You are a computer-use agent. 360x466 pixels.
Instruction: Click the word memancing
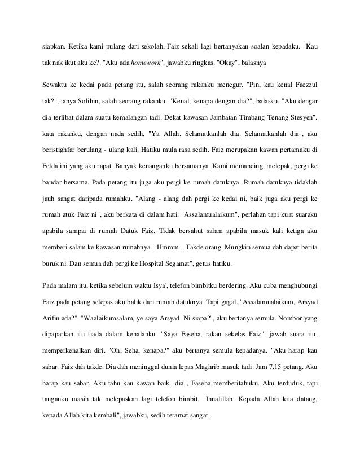coord(244,168)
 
